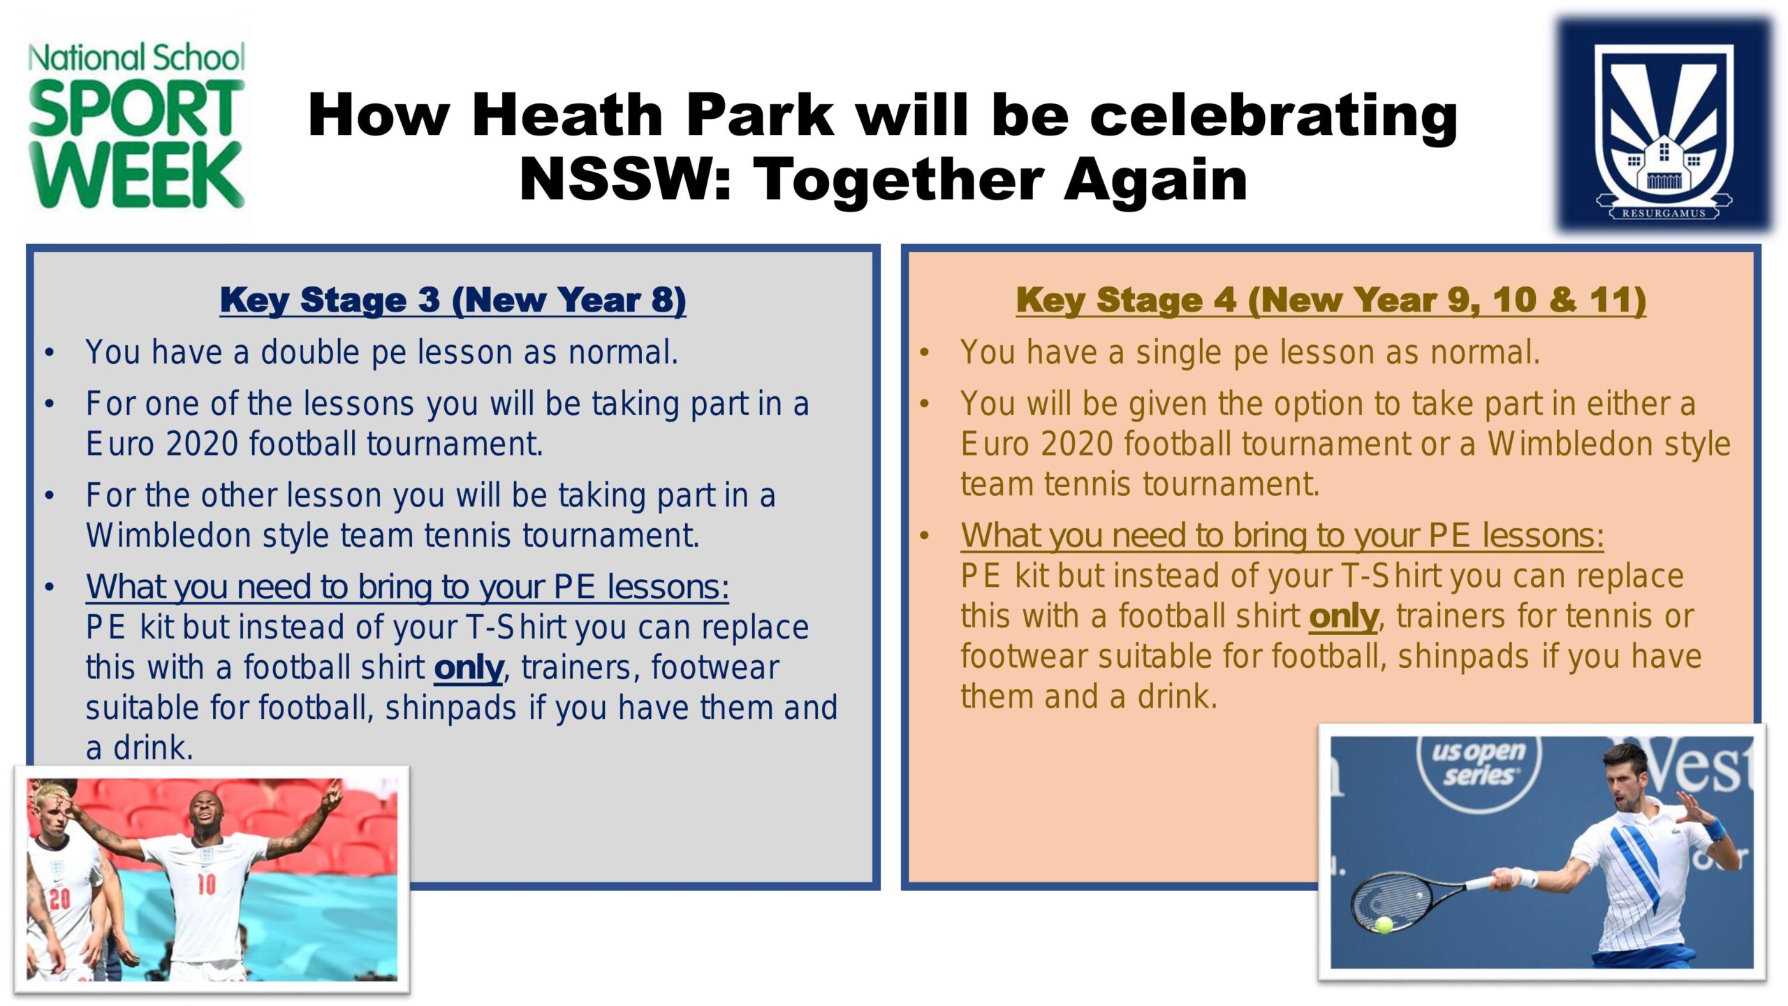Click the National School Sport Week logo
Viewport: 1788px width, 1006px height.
[x=136, y=126]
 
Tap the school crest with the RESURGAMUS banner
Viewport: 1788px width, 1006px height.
[x=1664, y=126]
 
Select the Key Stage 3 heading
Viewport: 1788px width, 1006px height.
[x=453, y=300]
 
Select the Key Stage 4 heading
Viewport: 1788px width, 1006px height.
[x=1331, y=300]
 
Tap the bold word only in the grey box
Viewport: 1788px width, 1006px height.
[x=469, y=669]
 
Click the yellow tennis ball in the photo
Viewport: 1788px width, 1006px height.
[x=1383, y=925]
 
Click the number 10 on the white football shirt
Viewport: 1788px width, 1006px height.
[x=206, y=884]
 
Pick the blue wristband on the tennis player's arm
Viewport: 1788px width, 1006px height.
[x=1715, y=831]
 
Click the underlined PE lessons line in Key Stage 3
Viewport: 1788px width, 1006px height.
[x=407, y=588]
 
